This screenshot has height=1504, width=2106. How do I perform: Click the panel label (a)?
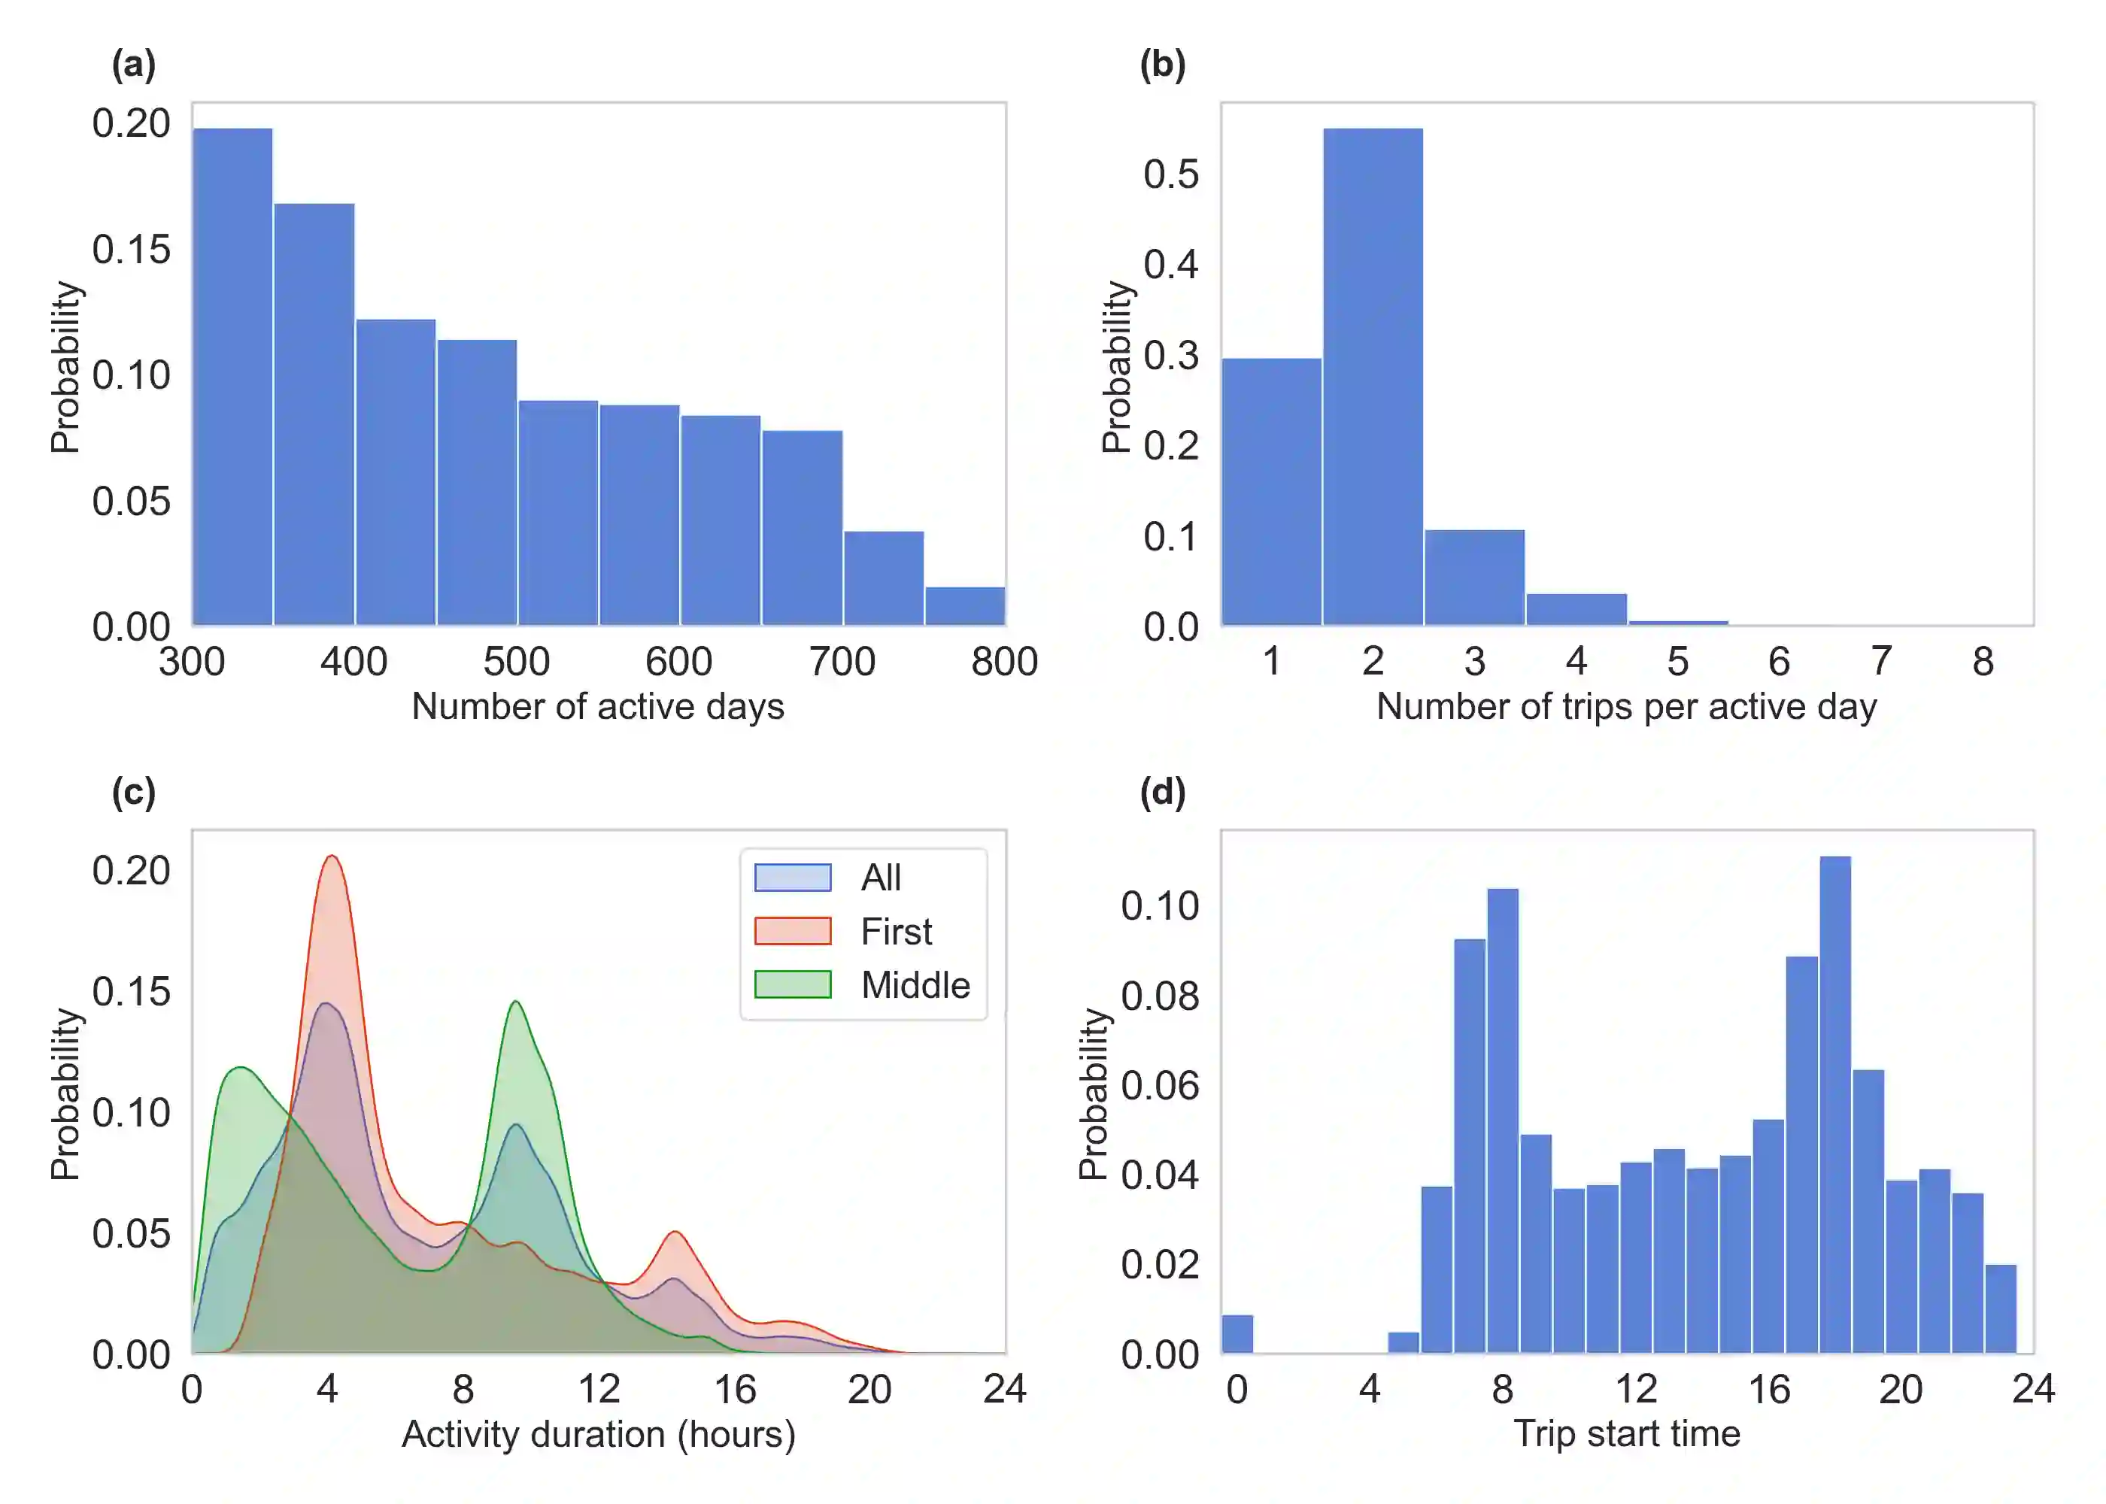click(x=133, y=65)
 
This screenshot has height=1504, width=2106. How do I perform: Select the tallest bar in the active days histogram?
click(x=232, y=375)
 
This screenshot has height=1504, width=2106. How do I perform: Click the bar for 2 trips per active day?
click(x=1373, y=375)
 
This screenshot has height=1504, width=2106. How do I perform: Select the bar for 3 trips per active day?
click(x=1474, y=577)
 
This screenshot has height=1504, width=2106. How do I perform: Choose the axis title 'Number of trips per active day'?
click(x=1626, y=708)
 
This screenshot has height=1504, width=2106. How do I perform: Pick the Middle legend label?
click(x=915, y=985)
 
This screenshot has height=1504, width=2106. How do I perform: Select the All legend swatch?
click(x=793, y=877)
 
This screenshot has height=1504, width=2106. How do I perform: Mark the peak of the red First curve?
click(x=332, y=857)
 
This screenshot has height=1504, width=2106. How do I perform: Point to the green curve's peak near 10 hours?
click(x=516, y=1002)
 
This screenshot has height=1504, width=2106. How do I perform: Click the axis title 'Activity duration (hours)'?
click(x=598, y=1435)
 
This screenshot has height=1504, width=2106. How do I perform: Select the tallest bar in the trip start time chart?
click(x=1834, y=1102)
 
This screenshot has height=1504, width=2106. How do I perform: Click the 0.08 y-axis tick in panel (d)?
click(x=1160, y=996)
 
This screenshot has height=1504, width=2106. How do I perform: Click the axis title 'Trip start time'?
click(x=1626, y=1435)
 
